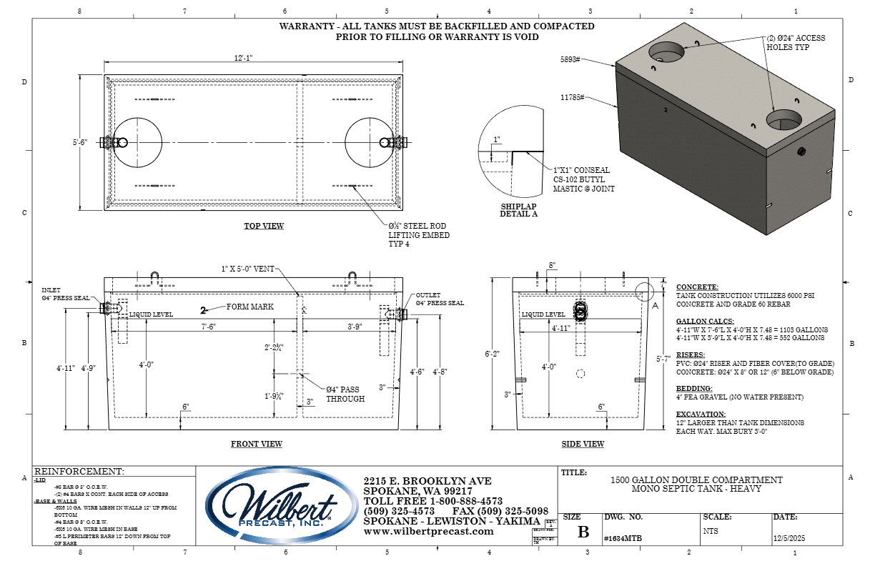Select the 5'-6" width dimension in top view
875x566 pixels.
click(79, 142)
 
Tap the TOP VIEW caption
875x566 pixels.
click(264, 227)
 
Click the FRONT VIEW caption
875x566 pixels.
click(256, 445)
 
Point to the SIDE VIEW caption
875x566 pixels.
click(583, 445)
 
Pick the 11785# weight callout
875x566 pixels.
click(572, 96)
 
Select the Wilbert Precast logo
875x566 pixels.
click(282, 506)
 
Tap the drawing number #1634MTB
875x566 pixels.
click(618, 540)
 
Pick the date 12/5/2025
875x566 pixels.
click(789, 540)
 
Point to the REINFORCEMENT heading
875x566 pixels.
click(79, 472)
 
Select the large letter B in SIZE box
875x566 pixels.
click(583, 532)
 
